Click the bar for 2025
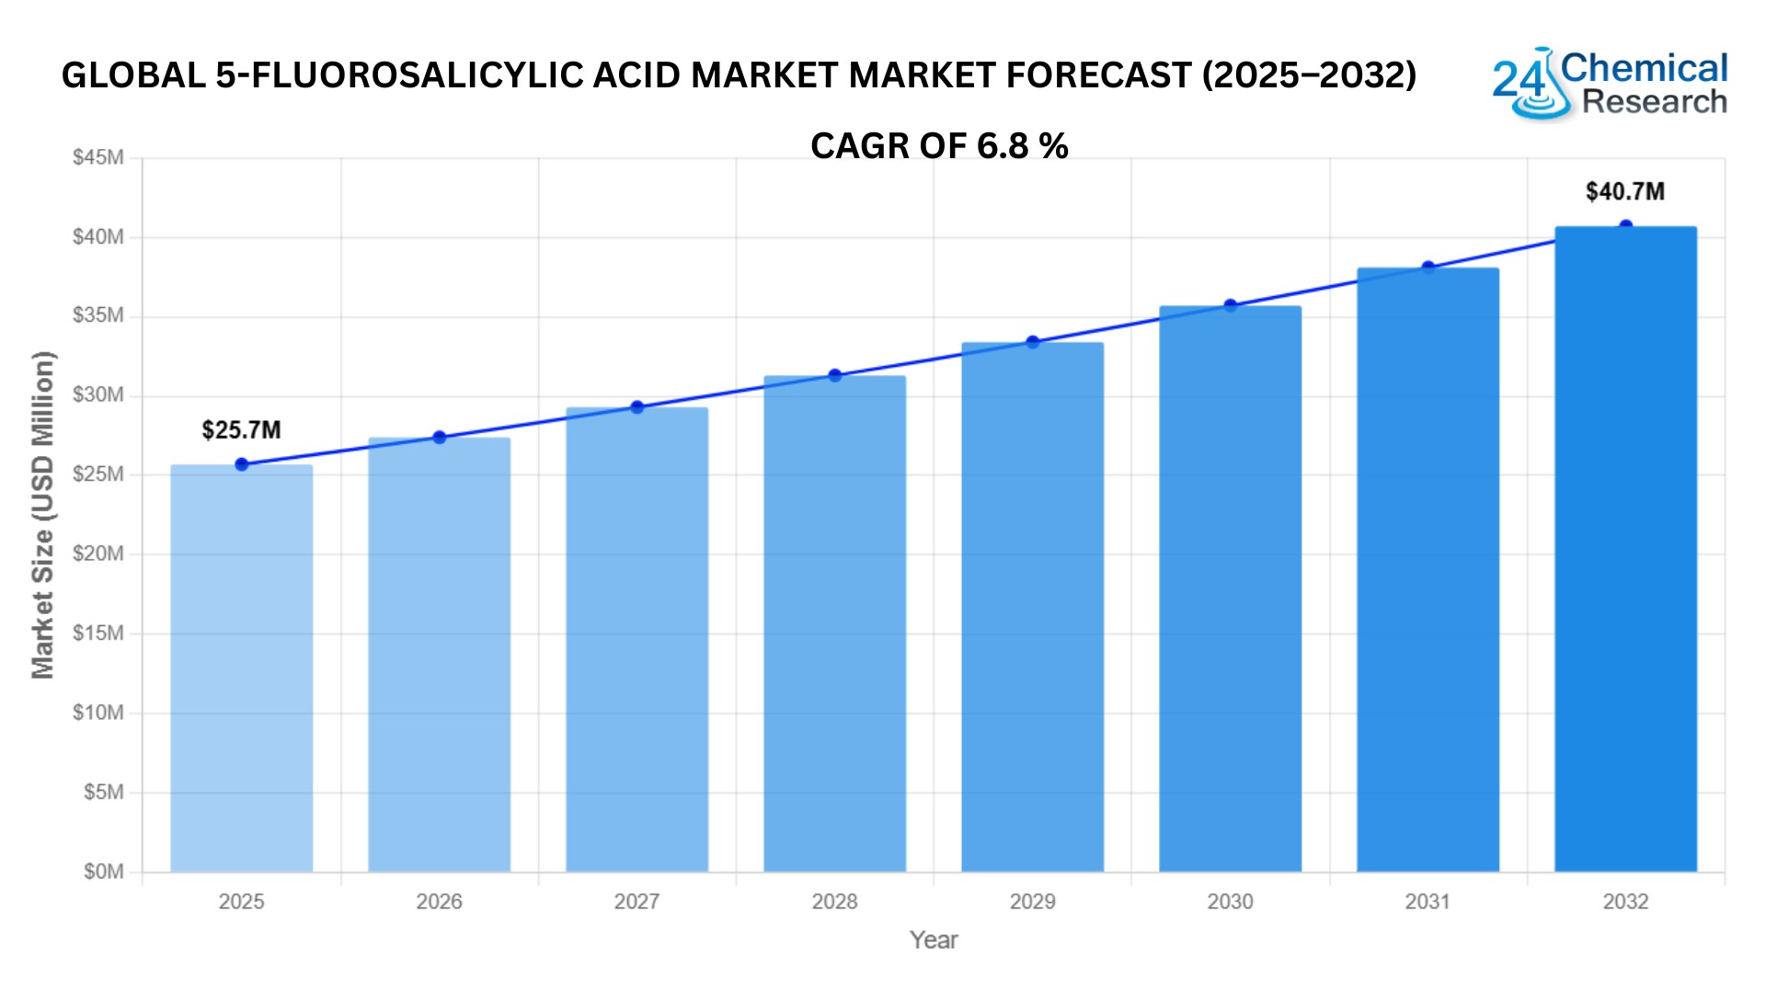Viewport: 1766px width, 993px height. point(241,668)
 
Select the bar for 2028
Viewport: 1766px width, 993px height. point(834,623)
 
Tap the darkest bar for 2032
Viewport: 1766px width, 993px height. point(1625,549)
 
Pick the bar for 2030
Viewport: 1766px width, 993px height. point(1230,588)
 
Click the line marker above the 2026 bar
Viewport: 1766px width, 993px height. point(439,438)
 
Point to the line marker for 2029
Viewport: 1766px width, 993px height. point(1033,342)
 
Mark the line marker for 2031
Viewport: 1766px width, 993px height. point(1428,268)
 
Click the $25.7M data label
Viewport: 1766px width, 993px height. point(241,430)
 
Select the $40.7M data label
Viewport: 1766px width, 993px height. point(1624,192)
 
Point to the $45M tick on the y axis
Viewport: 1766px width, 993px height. point(98,158)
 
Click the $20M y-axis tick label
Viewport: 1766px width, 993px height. point(98,554)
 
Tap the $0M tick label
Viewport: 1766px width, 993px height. point(103,872)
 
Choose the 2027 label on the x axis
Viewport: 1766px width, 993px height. point(636,902)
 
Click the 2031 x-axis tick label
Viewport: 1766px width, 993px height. point(1428,902)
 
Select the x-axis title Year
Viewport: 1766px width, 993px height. point(934,941)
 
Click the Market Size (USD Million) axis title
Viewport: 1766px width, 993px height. point(43,515)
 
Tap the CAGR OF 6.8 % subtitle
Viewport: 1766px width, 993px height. point(939,146)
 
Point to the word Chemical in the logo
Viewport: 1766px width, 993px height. point(1645,68)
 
